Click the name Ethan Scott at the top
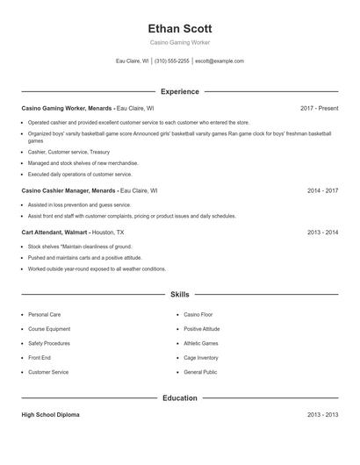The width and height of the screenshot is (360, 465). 180,28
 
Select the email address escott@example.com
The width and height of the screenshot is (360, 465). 219,61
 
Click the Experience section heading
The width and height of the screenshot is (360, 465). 180,91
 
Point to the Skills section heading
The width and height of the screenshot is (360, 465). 180,295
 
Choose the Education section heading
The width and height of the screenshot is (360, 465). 180,398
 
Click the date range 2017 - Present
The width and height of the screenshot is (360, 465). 319,108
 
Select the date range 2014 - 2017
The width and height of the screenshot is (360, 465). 322,190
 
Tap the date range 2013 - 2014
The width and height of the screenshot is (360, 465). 322,232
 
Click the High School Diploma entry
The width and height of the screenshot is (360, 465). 50,415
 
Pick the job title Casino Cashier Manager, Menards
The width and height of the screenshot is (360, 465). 68,190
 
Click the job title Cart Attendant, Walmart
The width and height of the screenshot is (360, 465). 54,232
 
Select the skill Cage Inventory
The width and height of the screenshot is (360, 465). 201,358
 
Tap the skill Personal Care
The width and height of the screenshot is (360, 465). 44,314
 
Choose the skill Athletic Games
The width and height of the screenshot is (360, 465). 201,343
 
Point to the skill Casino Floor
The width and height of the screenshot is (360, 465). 198,314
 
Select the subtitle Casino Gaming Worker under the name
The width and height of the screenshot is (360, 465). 180,42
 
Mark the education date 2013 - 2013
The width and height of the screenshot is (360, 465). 322,415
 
